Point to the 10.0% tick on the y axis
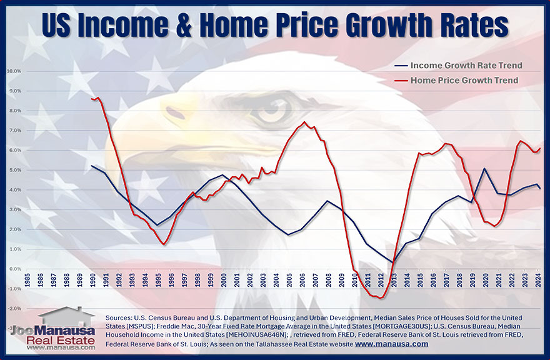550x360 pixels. tap(14, 71)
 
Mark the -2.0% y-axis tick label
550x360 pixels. tap(14, 309)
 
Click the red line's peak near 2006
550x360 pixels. tap(304, 122)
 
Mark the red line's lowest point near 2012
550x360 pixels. tap(379, 298)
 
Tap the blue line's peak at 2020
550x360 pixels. tap(485, 168)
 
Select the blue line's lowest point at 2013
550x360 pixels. tap(393, 262)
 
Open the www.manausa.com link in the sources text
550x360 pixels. tap(392, 344)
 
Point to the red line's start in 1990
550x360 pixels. tap(92, 99)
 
